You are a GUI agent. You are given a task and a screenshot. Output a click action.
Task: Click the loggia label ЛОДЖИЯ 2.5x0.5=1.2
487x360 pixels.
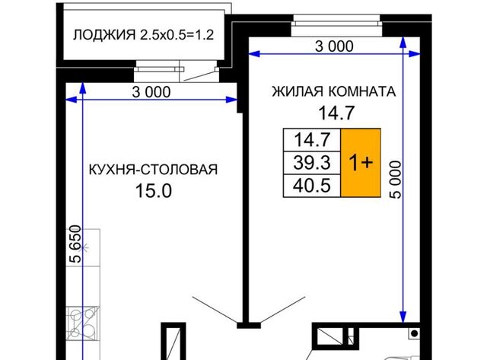coord(144,35)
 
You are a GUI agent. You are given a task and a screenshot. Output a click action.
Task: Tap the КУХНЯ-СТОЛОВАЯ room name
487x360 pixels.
coord(154,170)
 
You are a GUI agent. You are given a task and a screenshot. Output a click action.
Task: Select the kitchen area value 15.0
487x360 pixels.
coord(154,191)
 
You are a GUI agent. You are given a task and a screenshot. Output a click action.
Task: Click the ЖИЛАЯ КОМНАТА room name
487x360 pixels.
coord(334,91)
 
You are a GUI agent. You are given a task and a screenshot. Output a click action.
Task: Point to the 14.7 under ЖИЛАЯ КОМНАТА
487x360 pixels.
coord(336,113)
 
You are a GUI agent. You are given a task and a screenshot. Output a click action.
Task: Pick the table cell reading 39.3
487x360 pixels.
coord(312,163)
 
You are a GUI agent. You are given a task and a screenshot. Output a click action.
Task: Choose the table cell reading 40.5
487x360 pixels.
coord(312,186)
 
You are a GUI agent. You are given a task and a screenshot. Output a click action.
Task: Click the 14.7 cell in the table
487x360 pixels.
coord(312,140)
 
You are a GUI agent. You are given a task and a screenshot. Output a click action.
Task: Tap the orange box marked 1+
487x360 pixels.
coord(361,163)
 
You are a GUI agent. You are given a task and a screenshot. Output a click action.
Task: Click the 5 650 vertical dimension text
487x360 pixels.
coord(76,244)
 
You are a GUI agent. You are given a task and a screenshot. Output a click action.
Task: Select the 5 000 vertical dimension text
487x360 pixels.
coord(396,180)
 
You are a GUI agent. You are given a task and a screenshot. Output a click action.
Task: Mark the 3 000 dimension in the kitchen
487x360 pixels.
coord(151,92)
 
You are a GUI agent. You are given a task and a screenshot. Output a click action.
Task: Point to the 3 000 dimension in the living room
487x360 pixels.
coord(334,46)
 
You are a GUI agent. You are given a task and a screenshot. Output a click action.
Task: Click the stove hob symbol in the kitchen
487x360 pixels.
coord(83,323)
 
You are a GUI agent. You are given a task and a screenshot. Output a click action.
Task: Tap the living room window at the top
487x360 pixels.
coord(336,25)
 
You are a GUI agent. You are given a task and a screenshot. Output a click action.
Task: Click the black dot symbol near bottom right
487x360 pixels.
coord(414,333)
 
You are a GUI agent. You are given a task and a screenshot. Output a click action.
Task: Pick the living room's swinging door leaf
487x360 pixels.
coord(282,310)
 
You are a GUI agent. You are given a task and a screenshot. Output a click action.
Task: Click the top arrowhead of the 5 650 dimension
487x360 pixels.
coord(83,88)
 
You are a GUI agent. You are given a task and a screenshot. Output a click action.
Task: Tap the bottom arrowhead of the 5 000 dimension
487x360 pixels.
coord(403,317)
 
